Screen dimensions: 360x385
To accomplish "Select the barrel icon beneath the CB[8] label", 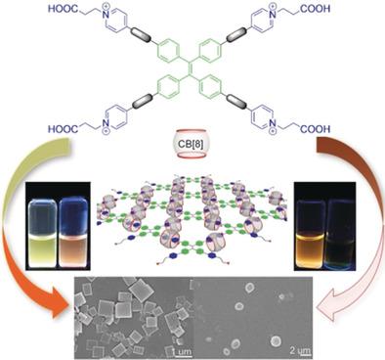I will (x=192, y=149).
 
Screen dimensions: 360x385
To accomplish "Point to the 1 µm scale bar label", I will (x=182, y=349).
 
